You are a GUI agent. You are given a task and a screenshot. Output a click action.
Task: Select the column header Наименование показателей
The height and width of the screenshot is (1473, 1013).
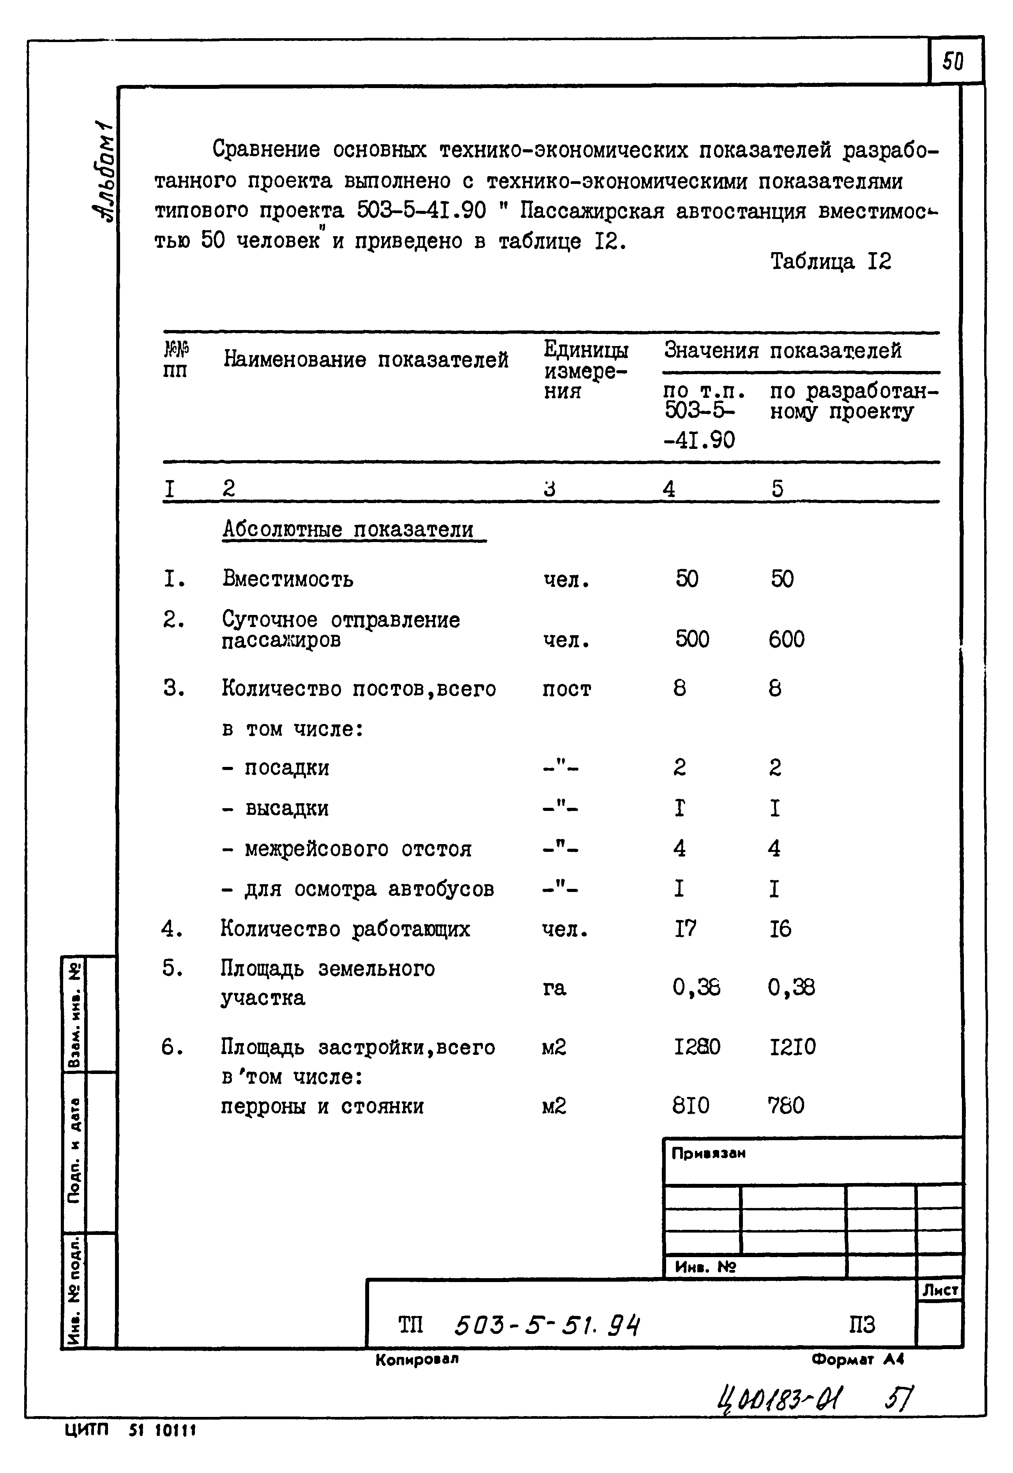[366, 360]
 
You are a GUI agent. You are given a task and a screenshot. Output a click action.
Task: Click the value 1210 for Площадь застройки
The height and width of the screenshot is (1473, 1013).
[792, 1047]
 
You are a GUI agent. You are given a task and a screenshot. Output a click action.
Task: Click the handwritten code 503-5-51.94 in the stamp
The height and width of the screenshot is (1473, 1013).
[547, 1325]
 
